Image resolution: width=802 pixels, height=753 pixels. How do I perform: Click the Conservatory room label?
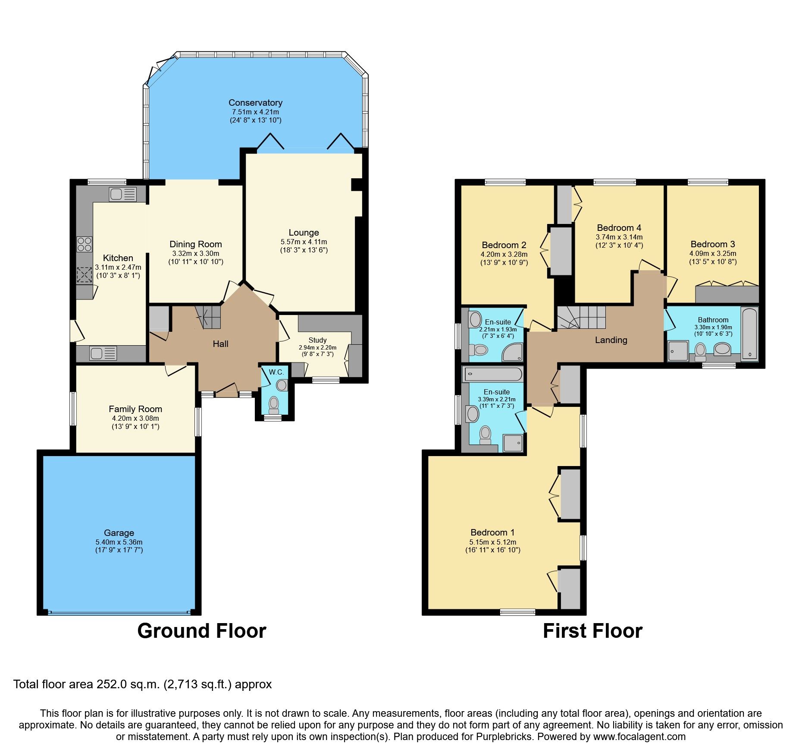point(255,103)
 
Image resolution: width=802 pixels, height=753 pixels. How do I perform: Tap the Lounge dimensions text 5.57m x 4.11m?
point(304,242)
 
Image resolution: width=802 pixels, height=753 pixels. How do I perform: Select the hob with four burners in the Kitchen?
point(85,244)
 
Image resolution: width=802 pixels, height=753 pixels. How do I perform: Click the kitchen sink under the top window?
point(122,194)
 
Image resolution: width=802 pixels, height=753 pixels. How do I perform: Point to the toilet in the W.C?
point(274,405)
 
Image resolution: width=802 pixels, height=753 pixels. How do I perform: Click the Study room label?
point(317,340)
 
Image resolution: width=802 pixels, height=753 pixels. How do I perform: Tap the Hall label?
point(220,344)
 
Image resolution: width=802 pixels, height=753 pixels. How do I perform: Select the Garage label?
point(119,532)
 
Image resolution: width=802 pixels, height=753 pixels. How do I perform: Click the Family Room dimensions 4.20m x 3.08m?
point(135,418)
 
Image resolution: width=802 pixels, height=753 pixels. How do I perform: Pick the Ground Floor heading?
point(201,631)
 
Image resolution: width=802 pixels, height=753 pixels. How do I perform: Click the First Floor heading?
point(592,631)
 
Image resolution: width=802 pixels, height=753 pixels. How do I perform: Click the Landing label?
point(611,340)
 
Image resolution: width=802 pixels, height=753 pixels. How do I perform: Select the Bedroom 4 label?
point(619,227)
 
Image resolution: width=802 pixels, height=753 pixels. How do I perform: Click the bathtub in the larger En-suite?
point(492,374)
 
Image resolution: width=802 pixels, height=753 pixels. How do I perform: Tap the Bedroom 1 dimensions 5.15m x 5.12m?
point(492,542)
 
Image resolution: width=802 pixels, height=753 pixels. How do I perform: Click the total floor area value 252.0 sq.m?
point(128,684)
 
